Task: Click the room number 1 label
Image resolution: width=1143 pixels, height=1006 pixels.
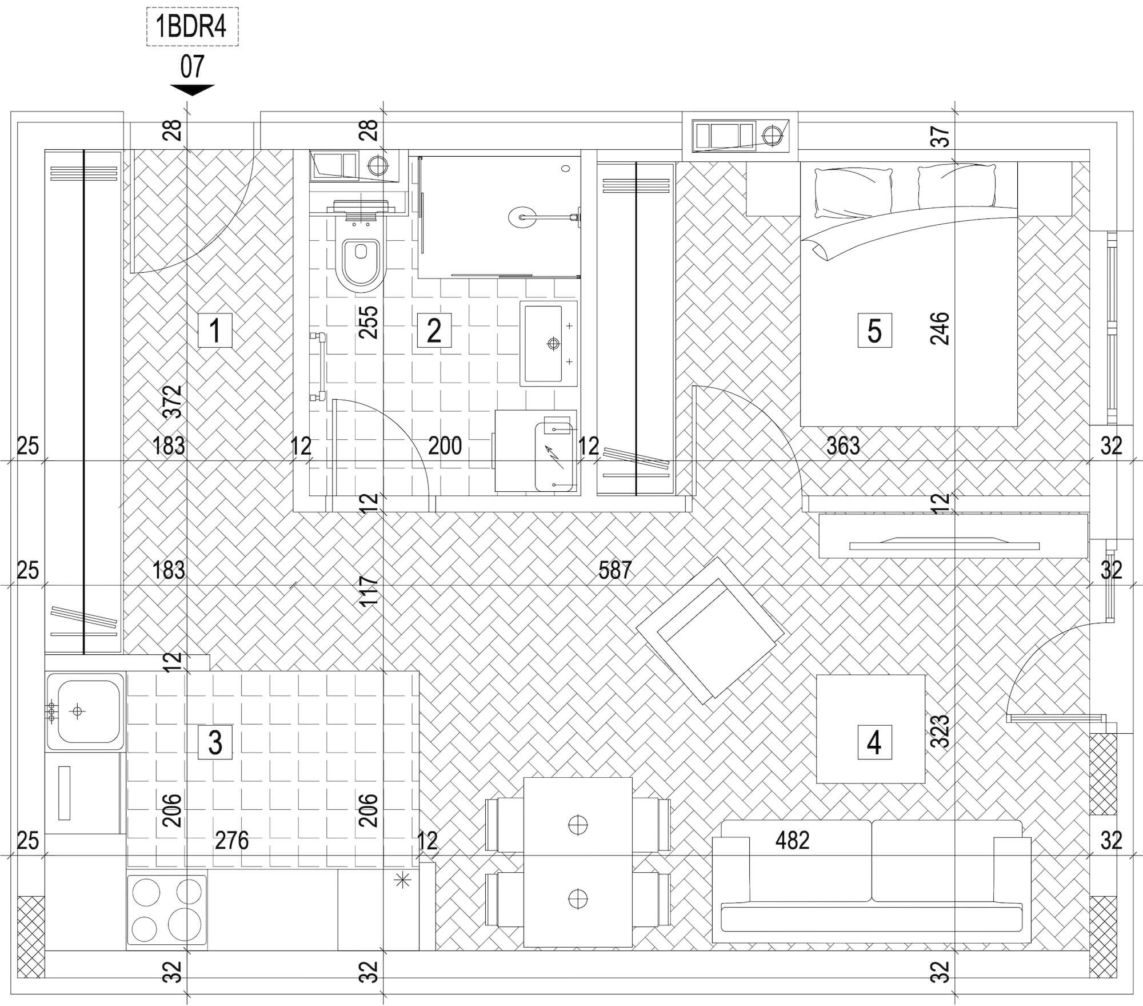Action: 215,331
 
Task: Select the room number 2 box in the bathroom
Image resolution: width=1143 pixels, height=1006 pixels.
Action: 434,331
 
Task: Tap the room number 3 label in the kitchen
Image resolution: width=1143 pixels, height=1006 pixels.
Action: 215,742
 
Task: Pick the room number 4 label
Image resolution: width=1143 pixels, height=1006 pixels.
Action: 874,742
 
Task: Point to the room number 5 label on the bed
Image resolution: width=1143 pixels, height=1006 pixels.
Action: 874,331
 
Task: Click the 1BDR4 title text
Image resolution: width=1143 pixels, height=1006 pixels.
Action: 192,27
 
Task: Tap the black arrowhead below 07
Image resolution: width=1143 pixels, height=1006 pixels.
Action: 192,90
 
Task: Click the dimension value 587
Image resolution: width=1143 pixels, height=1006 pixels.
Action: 615,570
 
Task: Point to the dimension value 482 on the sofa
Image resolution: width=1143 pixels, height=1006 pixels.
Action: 793,840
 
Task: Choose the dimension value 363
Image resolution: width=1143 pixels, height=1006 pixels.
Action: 843,446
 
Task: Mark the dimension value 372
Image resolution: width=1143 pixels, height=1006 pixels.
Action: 173,401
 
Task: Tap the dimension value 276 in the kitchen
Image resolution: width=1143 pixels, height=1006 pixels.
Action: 232,841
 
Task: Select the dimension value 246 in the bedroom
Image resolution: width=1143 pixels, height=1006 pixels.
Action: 940,328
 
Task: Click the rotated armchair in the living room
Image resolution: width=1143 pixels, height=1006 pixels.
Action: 710,630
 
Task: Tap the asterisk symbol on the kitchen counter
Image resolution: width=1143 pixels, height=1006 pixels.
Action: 403,880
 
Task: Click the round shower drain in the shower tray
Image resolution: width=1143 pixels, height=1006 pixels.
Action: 521,217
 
